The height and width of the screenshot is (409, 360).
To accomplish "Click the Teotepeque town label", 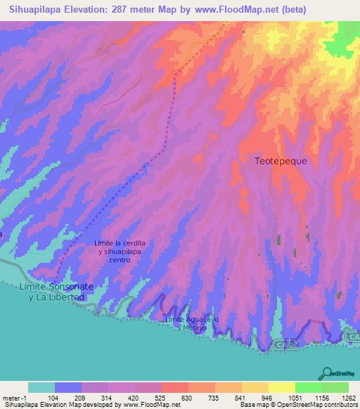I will pyautogui.click(x=281, y=160).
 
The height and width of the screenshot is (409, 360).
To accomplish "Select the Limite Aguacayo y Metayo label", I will pyautogui.click(x=186, y=323).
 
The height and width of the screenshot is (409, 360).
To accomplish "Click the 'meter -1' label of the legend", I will pyautogui.click(x=13, y=397).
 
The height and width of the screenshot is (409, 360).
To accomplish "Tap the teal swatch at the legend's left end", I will pyautogui.click(x=41, y=387).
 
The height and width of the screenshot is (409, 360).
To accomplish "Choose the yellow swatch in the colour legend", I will pyautogui.click(x=281, y=387).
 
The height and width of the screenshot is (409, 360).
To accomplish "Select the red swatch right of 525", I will pyautogui.click(x=174, y=387).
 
